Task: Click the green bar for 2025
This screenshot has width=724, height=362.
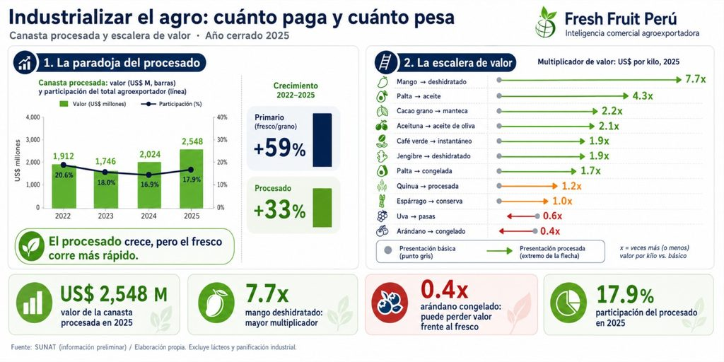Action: tap(191, 178)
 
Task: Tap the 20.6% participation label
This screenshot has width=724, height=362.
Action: tap(64, 175)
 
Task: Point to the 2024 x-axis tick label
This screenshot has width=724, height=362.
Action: tap(148, 216)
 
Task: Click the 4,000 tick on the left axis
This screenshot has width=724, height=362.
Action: tap(33, 117)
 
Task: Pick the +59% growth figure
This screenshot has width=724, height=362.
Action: tap(279, 149)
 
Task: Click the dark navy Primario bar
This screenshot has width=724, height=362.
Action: tap(322, 140)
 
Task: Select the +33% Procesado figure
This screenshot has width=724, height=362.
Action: tap(279, 211)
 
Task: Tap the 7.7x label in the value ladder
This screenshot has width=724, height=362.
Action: tap(696, 79)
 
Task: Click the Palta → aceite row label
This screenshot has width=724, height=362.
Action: tap(419, 96)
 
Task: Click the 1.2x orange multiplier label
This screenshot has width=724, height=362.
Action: tap(572, 186)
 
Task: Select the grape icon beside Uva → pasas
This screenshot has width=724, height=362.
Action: tap(382, 216)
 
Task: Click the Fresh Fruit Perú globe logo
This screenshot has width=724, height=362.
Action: tap(546, 23)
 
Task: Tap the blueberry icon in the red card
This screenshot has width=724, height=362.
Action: tap(390, 303)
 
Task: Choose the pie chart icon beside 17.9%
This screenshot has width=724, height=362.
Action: tap(568, 303)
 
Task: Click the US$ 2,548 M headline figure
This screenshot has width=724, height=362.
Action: tap(114, 294)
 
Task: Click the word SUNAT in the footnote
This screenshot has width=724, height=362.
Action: tap(46, 347)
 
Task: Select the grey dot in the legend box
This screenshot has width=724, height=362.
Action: tap(389, 251)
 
